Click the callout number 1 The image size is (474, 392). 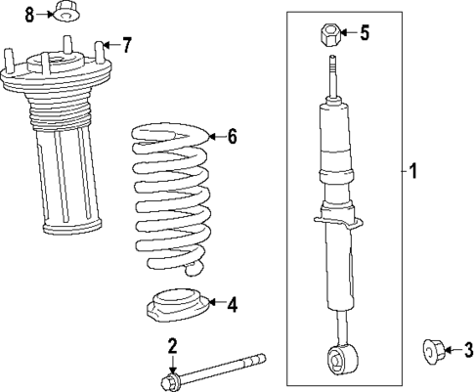(413, 173)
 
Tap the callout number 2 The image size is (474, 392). (172, 346)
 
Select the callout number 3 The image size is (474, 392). (467, 349)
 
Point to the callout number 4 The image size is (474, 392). (232, 304)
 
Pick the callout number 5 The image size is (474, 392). (364, 34)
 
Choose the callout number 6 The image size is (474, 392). (232, 137)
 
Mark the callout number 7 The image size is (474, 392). (126, 45)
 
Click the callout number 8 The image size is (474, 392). (29, 14)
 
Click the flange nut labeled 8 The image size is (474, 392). (64, 13)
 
